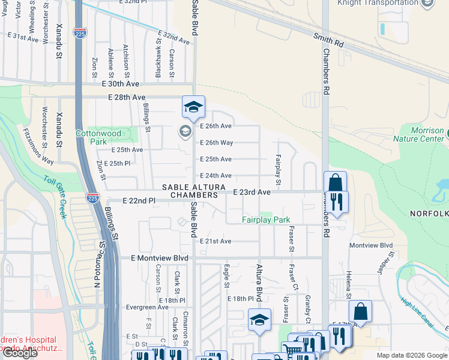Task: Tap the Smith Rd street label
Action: click(x=328, y=41)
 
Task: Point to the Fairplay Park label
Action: click(x=266, y=220)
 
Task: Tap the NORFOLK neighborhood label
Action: click(x=429, y=214)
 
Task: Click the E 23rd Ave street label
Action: click(x=252, y=192)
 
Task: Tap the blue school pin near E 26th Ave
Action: click(x=193, y=107)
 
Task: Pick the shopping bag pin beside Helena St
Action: click(x=360, y=311)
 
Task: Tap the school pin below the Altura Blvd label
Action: click(x=259, y=320)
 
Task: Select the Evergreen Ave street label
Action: click(x=147, y=307)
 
